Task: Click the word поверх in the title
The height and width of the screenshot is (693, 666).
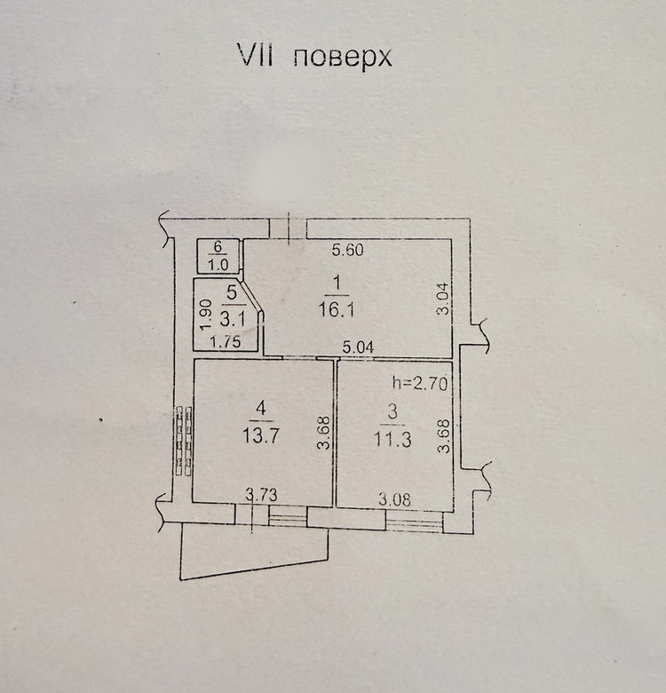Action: pyautogui.click(x=342, y=58)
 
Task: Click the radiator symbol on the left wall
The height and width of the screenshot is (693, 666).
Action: pyautogui.click(x=184, y=441)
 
